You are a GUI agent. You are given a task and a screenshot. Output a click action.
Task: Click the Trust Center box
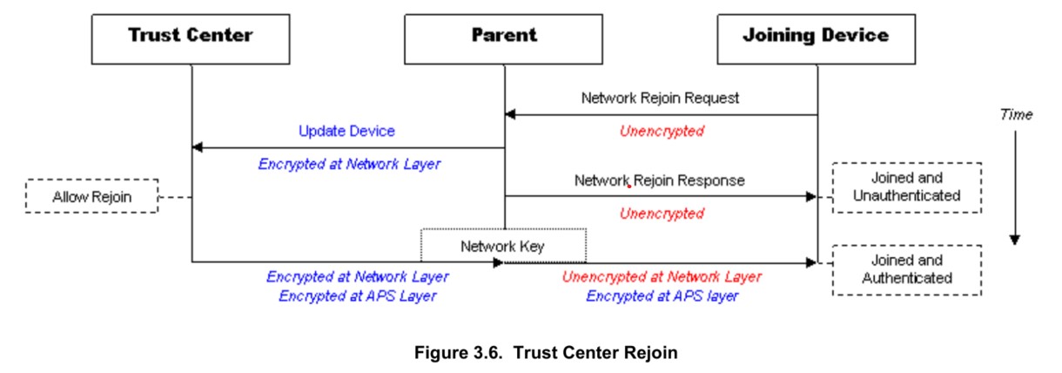coord(191,37)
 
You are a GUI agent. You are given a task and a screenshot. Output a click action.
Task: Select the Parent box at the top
coord(504,37)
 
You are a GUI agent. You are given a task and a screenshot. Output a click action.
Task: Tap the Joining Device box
coord(816,37)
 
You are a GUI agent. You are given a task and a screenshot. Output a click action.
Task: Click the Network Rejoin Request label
coord(660,98)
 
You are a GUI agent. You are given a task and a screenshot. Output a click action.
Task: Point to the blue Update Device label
coord(346,131)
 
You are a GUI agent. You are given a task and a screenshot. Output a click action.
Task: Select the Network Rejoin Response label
coord(660,180)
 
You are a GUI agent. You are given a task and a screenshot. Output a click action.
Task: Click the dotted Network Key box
coord(503,246)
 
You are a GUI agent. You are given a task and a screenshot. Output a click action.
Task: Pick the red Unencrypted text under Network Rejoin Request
coord(661,132)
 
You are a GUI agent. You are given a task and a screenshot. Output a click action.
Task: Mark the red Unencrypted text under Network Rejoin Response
coord(661,214)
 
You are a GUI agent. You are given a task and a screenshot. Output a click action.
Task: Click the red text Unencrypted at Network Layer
coord(661,277)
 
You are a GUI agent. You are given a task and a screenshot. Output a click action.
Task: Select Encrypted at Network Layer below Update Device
coord(348,163)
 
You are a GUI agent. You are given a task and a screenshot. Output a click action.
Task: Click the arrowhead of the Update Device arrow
coord(198,147)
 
